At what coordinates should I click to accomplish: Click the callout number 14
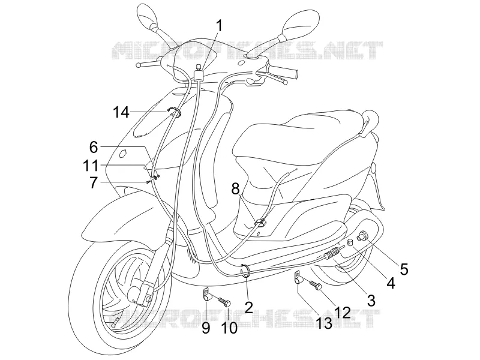pos(121,112)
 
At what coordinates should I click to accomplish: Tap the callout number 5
pos(404,269)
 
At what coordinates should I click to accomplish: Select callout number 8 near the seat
pos(235,190)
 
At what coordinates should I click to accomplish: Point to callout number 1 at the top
pos(220,26)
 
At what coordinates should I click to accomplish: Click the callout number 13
pos(324,323)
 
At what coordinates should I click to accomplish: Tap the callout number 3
pos(371,301)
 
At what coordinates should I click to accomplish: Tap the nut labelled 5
pos(364,236)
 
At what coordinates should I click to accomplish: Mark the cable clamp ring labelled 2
pos(245,271)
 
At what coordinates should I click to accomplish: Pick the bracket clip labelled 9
pos(207,295)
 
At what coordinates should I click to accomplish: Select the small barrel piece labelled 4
pos(350,243)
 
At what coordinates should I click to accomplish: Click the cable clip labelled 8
pos(260,223)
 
